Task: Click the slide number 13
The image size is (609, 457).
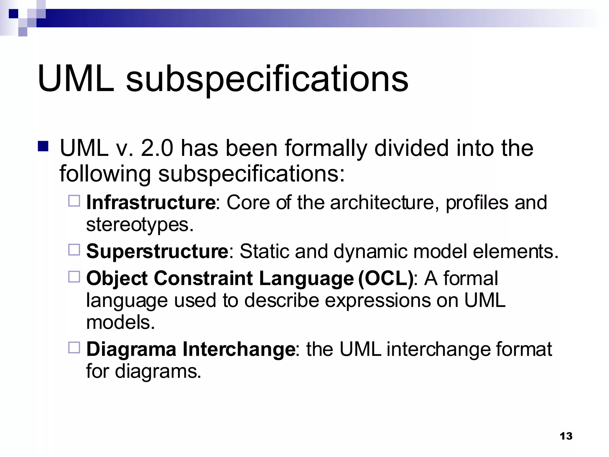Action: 566,436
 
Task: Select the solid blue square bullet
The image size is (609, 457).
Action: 43,146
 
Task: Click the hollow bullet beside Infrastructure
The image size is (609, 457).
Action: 74,201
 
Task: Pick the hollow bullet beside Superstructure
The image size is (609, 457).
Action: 74,250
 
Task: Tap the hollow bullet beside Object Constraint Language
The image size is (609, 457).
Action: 74,277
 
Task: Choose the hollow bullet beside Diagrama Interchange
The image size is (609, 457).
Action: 74,347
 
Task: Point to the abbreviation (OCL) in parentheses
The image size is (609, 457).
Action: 386,279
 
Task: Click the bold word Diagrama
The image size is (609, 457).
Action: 131,349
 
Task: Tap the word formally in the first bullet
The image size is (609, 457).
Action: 326,149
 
